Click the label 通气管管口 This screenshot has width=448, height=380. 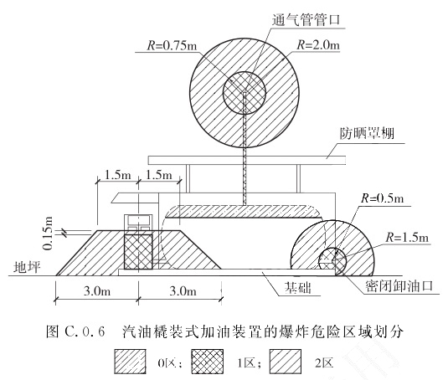[x=306, y=20]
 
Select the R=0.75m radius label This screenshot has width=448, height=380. [x=172, y=45]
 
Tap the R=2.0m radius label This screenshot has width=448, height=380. [x=318, y=45]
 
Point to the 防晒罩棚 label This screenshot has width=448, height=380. [x=367, y=133]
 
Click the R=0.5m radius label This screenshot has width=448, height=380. [x=383, y=198]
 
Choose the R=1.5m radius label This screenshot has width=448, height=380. [x=407, y=237]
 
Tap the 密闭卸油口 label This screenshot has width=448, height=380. [x=399, y=285]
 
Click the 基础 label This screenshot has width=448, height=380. [x=297, y=287]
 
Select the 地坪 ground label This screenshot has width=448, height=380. [x=27, y=268]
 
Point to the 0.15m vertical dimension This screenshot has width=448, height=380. [x=48, y=234]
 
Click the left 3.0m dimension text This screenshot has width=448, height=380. [x=97, y=291]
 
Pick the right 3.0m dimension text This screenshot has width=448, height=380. [x=183, y=291]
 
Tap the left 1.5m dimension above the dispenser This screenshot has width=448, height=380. [x=118, y=174]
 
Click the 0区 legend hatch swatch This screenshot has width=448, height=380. [x=131, y=362]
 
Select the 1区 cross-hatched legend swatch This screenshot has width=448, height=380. [x=208, y=362]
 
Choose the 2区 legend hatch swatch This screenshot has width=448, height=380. [x=286, y=362]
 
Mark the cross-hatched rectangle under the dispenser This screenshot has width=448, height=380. [x=138, y=252]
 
